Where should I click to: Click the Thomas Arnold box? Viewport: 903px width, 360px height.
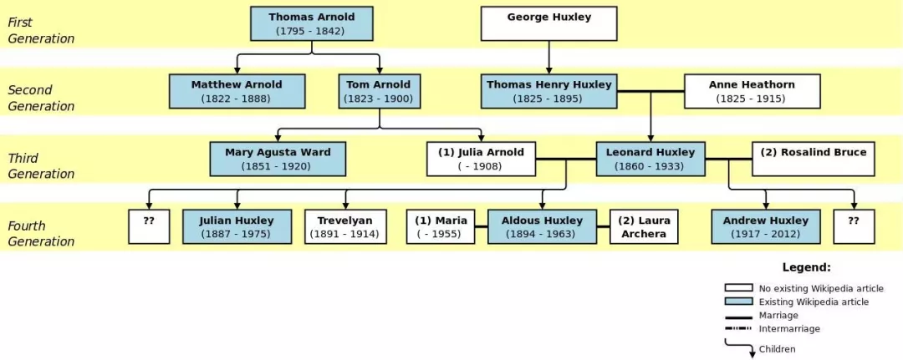tap(312, 23)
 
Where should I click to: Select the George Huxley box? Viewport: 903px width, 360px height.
tap(548, 23)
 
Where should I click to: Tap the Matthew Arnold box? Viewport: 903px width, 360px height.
tap(237, 91)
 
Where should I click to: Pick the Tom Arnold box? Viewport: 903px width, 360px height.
tap(379, 91)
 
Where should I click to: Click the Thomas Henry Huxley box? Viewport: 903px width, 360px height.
tap(548, 91)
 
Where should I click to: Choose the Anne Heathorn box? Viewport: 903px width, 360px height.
tap(752, 91)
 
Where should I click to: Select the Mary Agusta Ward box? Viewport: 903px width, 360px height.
tap(278, 159)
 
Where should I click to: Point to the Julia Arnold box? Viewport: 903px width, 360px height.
tap(481, 159)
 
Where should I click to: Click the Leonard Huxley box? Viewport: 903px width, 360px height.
tap(650, 159)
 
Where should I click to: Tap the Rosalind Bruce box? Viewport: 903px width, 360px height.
tap(814, 159)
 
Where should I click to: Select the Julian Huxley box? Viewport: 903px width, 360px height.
tap(237, 226)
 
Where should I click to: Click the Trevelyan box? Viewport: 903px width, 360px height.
tap(345, 226)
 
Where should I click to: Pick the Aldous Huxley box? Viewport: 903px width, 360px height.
tap(542, 226)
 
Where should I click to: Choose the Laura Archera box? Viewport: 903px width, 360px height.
tap(644, 226)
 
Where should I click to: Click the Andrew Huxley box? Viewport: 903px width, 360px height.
tap(765, 226)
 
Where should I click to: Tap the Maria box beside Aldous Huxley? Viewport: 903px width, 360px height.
tap(441, 226)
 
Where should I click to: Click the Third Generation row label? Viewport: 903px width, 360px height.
tap(40, 165)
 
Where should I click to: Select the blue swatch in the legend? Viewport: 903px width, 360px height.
tap(739, 302)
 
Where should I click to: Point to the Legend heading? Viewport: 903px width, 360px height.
tap(806, 267)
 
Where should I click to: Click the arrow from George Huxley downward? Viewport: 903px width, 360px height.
tap(548, 58)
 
